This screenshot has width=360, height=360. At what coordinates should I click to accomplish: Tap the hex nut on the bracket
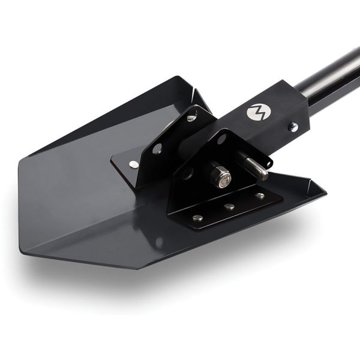(x=220, y=176)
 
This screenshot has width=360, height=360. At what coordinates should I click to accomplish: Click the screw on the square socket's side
(x=293, y=127)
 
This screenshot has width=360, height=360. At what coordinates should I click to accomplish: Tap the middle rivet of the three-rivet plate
(x=230, y=207)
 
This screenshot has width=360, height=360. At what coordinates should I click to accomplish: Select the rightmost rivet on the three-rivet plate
(x=259, y=196)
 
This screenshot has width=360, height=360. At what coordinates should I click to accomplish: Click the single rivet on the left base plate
(x=133, y=164)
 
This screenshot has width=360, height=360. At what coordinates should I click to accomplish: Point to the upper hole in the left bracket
(x=191, y=118)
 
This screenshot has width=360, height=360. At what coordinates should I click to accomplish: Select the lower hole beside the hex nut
(x=187, y=175)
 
